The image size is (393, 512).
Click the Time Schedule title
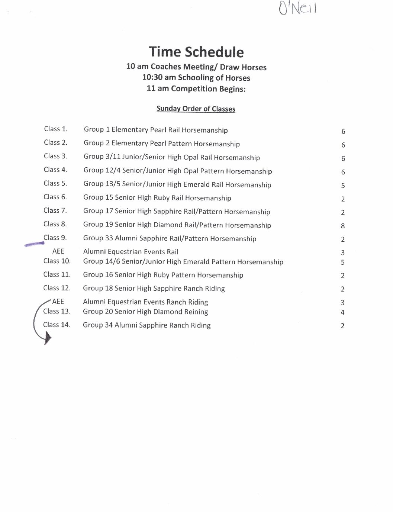point(196,52)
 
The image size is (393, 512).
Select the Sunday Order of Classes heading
point(196,109)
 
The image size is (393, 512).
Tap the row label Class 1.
point(55,129)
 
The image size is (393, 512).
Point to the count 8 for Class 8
point(343,226)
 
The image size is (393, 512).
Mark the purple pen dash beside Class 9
point(35,244)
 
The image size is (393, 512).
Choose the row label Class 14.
point(57,325)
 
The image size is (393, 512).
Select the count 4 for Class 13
point(342,312)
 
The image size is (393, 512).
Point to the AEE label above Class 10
point(58,251)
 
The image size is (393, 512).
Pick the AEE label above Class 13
point(58,302)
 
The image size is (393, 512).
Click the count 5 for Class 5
point(343,186)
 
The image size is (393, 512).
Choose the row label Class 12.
point(57,288)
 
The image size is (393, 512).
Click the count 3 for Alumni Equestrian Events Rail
point(342,253)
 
